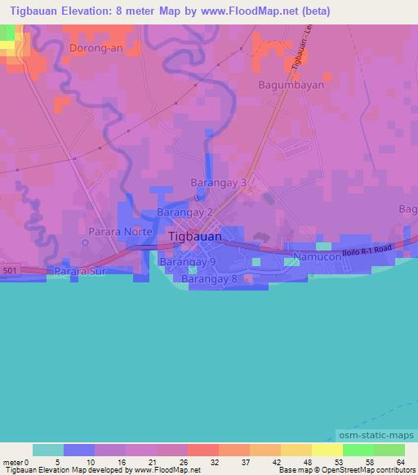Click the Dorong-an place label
[96, 49]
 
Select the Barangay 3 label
[218, 183]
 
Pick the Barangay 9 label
[187, 263]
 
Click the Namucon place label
[317, 260]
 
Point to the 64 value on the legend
[400, 461]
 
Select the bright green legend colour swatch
[358, 450]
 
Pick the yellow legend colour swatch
[327, 450]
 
